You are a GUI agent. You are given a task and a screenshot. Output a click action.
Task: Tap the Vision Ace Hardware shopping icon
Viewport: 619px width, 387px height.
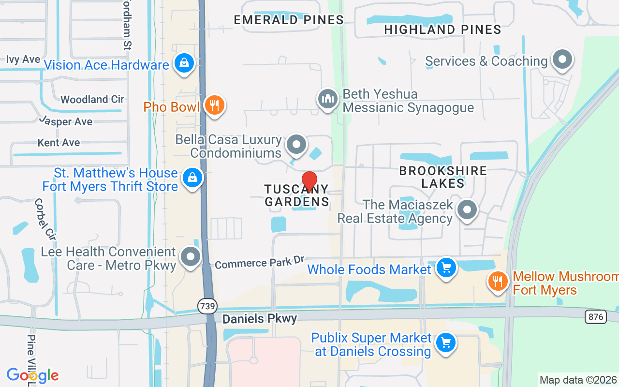tap(184, 63)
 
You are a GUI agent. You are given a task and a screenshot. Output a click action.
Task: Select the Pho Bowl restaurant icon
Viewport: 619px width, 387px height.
tap(214, 105)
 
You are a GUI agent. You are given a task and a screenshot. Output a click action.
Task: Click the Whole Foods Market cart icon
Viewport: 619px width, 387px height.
tap(446, 268)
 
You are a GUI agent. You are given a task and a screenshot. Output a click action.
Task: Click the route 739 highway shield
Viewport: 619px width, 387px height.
tap(207, 306)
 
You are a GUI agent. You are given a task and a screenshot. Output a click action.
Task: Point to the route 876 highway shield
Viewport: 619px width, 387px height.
tap(594, 317)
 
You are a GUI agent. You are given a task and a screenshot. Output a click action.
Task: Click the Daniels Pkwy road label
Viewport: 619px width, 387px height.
tap(259, 318)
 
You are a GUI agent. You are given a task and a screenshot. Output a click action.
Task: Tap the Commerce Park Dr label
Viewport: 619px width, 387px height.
tap(260, 263)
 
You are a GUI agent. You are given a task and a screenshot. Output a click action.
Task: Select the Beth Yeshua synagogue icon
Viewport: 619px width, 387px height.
tap(328, 99)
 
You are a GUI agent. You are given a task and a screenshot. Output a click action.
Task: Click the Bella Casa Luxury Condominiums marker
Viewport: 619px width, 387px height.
tap(296, 145)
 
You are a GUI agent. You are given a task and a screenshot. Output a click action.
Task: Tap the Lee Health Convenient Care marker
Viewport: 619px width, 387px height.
tap(191, 257)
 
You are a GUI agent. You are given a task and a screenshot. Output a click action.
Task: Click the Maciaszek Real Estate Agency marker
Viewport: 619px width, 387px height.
tap(467, 210)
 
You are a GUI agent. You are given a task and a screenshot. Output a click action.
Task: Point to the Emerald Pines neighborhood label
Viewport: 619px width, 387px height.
tap(288, 20)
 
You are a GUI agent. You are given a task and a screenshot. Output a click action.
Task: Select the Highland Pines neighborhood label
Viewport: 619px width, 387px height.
tap(442, 30)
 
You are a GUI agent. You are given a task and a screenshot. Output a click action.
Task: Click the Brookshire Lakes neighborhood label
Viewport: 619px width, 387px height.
tap(443, 177)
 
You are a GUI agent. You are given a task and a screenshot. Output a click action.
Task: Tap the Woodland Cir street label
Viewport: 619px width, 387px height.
tap(92, 99)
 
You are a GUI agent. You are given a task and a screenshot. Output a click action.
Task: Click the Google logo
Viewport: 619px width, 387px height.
tap(32, 375)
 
